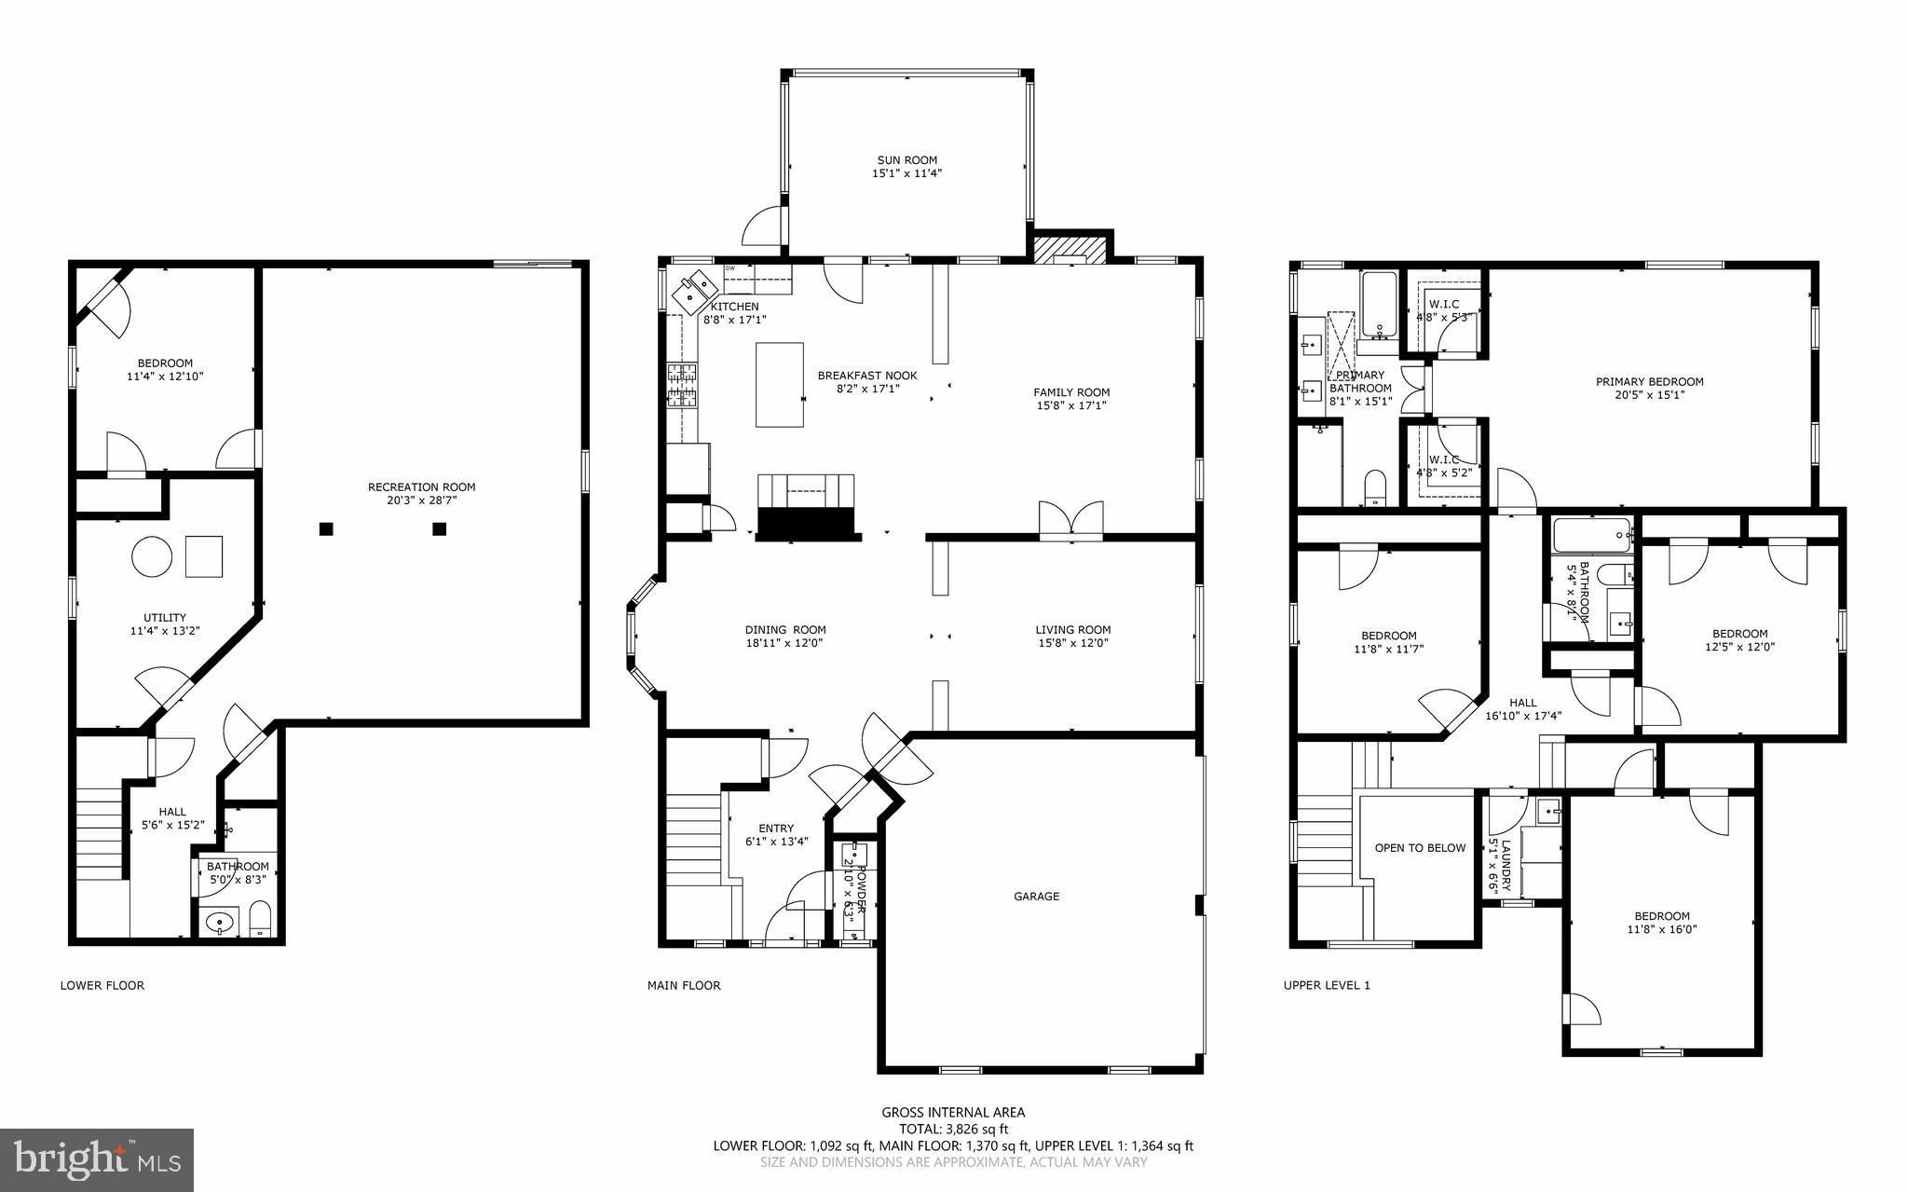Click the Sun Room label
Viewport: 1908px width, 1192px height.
pos(906,159)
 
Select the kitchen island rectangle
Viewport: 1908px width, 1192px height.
pos(780,384)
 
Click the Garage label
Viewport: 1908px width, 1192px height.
pos(1036,897)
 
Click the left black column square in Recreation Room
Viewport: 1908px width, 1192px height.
pos(326,529)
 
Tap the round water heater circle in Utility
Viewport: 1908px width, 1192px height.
pos(152,557)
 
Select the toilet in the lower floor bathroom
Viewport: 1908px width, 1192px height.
pos(260,921)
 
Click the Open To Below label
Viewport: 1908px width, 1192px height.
pos(1420,848)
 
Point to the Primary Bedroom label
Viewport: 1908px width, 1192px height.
pos(1649,381)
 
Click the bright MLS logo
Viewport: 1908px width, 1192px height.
pos(97,1159)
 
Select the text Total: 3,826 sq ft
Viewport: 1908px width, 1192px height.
pos(953,1130)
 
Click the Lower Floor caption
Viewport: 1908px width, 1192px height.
pos(102,985)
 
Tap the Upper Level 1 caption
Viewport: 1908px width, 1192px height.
pos(1327,985)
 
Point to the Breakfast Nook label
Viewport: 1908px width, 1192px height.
pos(867,376)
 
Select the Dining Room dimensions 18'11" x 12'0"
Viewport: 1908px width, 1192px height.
pos(784,643)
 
